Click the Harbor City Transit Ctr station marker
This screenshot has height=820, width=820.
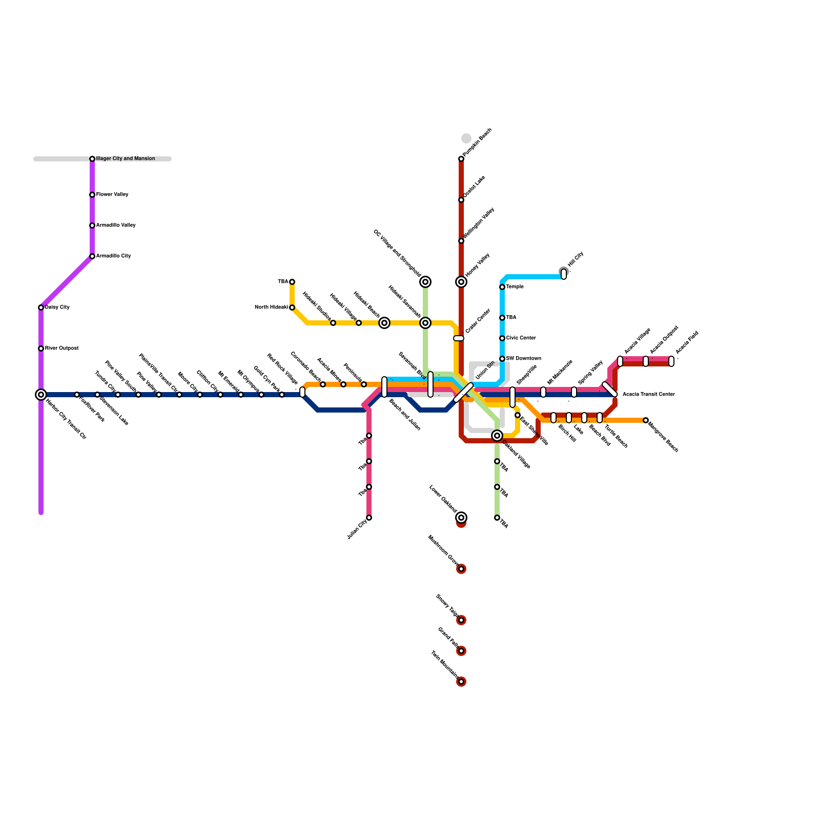click(x=41, y=395)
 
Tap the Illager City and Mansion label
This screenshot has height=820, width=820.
click(x=126, y=159)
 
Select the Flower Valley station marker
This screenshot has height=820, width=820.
click(x=92, y=195)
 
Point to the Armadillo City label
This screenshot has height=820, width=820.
click(x=114, y=256)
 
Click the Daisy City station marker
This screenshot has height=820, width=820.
click(x=41, y=307)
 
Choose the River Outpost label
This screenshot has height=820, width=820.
click(x=62, y=348)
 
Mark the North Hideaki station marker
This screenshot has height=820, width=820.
click(x=292, y=307)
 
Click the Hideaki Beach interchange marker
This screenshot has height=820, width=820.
click(x=384, y=323)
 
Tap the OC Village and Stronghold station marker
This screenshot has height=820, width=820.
click(x=425, y=282)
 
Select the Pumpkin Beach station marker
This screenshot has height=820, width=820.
click(x=461, y=159)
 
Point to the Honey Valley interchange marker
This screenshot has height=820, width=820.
click(x=461, y=282)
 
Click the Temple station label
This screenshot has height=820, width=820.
click(x=515, y=287)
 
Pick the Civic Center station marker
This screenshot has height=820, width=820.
click(x=502, y=338)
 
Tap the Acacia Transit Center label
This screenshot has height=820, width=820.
click(x=648, y=395)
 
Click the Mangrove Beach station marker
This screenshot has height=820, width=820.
click(x=646, y=420)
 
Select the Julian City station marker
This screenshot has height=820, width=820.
click(x=369, y=518)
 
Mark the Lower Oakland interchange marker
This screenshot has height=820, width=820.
click(x=461, y=518)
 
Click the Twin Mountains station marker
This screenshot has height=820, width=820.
click(x=461, y=682)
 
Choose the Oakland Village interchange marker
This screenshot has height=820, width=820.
click(x=497, y=436)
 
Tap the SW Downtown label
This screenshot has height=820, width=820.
click(x=524, y=359)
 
